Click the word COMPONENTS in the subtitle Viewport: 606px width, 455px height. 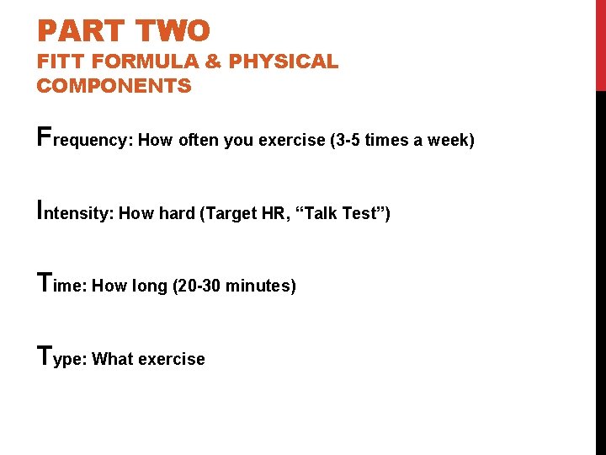[x=114, y=86]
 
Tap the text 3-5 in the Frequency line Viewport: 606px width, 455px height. [x=345, y=140]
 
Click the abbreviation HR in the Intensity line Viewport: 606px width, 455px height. [x=274, y=213]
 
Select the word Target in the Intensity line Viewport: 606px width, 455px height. [x=231, y=213]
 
